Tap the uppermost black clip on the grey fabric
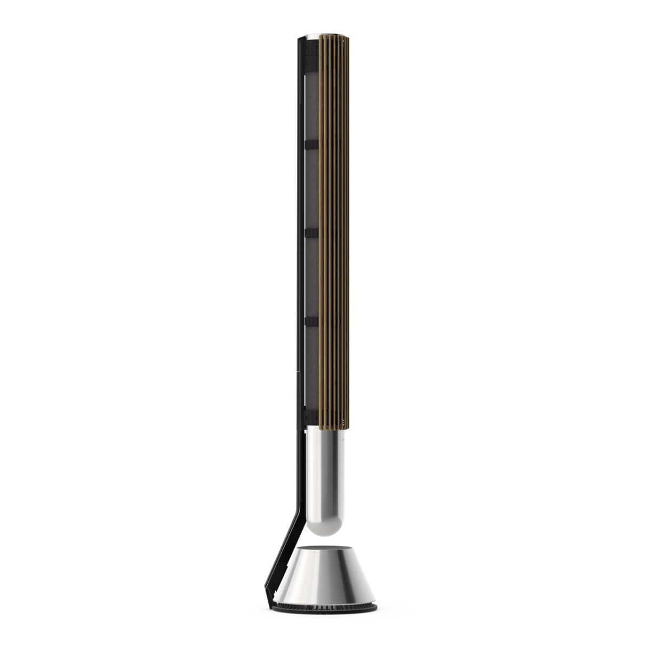pos(312,144)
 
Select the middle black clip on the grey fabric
pos(312,233)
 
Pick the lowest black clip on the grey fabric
pos(312,321)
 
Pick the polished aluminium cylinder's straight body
pos(323,465)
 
